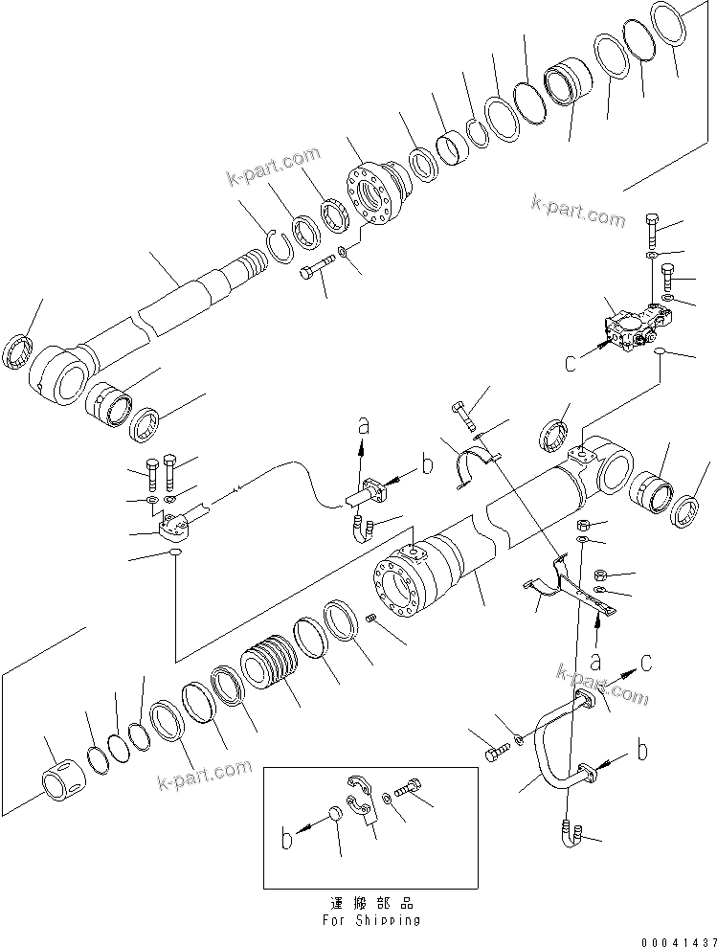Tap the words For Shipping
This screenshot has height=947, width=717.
click(x=372, y=919)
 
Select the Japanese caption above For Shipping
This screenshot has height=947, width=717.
click(x=372, y=902)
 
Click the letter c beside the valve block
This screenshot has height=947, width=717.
click(x=571, y=364)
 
